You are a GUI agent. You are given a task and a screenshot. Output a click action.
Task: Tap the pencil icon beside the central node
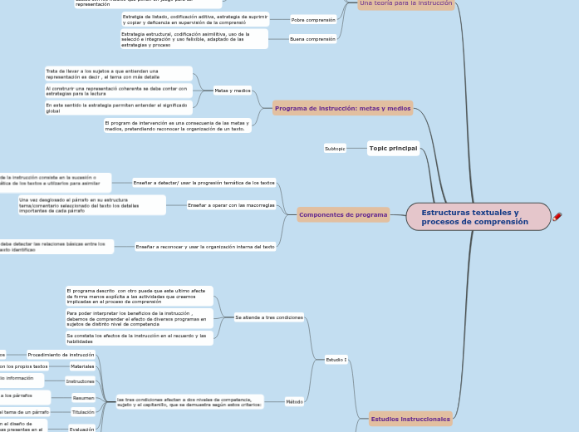[x=557, y=217]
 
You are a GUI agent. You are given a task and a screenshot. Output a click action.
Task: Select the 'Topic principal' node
[x=393, y=148]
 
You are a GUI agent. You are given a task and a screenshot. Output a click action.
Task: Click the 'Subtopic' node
[x=335, y=149]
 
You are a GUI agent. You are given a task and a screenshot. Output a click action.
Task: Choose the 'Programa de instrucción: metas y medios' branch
[x=342, y=108]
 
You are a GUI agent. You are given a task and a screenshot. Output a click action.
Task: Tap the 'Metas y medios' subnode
[x=232, y=91]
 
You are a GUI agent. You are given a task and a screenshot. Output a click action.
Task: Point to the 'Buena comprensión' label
[x=312, y=39]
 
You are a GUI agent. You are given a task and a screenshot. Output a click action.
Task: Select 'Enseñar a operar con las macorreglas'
[x=231, y=204]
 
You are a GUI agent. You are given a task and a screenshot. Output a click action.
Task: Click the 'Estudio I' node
[x=336, y=360]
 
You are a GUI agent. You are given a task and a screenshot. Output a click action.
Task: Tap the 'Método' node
[x=294, y=401]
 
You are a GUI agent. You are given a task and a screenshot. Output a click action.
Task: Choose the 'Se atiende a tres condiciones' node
[x=269, y=317]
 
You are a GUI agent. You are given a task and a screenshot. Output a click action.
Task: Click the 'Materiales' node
[x=82, y=366]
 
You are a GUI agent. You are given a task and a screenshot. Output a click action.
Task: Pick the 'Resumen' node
[x=83, y=398]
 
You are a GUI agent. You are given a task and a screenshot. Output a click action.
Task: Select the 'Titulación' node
[x=83, y=412]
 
